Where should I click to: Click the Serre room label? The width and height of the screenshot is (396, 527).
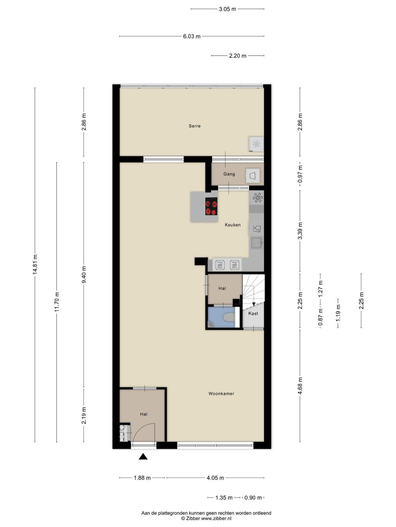[194, 126]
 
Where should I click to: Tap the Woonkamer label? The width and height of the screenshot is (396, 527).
[221, 394]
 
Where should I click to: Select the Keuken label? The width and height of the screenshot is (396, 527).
[233, 225]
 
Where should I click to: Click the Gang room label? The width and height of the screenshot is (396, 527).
[229, 174]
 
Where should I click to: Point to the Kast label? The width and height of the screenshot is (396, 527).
[253, 313]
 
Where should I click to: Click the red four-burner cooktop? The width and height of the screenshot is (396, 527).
[211, 206]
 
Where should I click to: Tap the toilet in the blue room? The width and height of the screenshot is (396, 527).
[229, 318]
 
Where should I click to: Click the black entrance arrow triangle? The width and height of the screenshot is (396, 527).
[143, 457]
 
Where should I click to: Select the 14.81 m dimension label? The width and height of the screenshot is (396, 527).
[35, 264]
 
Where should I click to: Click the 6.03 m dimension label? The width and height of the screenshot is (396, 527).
[192, 37]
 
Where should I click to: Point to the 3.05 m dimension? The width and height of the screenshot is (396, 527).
[227, 9]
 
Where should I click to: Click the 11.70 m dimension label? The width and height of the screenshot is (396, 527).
[57, 302]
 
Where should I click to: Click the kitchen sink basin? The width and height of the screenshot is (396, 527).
[256, 243]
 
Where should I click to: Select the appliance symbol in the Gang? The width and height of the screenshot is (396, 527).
[253, 176]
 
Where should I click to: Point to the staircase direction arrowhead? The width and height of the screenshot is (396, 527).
[254, 304]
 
